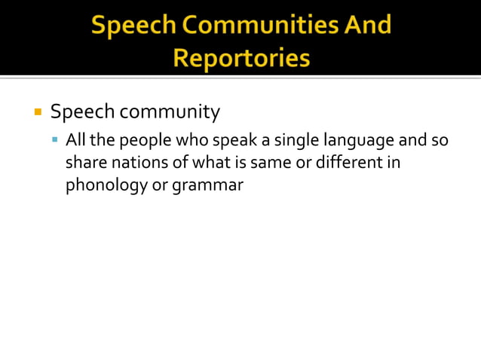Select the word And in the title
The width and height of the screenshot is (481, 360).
(368, 26)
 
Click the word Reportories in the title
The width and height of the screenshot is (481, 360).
(240, 58)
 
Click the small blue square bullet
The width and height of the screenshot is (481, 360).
(55, 139)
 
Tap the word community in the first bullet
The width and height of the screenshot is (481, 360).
(170, 113)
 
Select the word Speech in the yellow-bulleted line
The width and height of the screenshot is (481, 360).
(82, 113)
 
